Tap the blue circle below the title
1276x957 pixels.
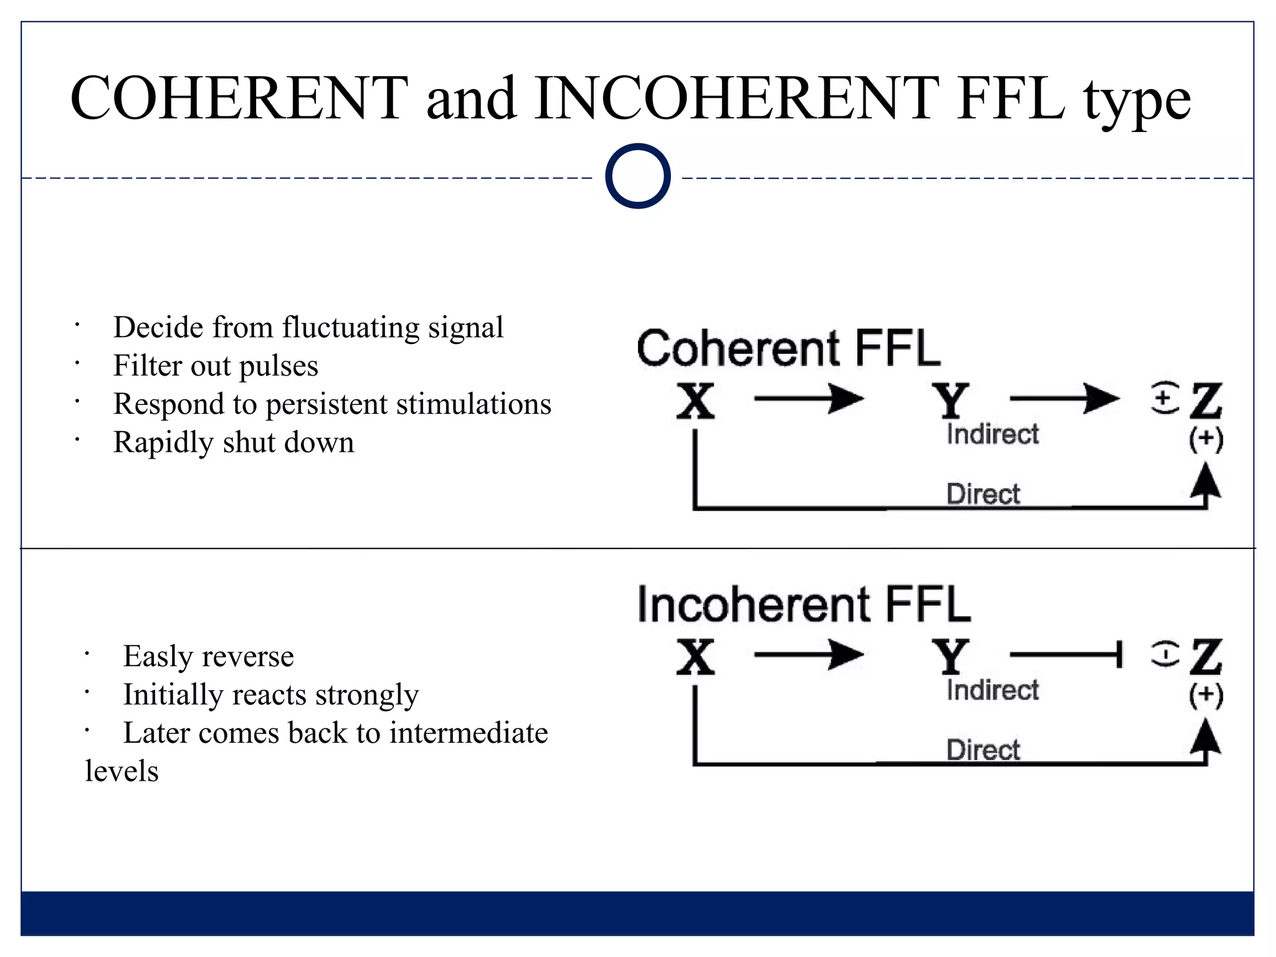pyautogui.click(x=637, y=176)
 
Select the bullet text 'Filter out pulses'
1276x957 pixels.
pyautogui.click(x=216, y=366)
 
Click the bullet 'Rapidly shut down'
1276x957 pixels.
pyautogui.click(x=234, y=442)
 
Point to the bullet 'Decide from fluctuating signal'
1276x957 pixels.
pyautogui.click(x=308, y=328)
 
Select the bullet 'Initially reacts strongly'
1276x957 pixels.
pyautogui.click(x=270, y=695)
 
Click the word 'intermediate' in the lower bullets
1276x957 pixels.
pyautogui.click(x=469, y=733)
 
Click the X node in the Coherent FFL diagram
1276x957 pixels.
pyautogui.click(x=695, y=401)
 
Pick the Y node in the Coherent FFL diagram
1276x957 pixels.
pyautogui.click(x=950, y=401)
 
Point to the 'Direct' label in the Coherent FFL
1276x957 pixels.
pyautogui.click(x=983, y=494)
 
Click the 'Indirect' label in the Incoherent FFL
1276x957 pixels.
pyautogui.click(x=993, y=690)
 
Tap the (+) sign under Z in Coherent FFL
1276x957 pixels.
pyautogui.click(x=1206, y=440)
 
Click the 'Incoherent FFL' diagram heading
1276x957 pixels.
pyautogui.click(x=804, y=604)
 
